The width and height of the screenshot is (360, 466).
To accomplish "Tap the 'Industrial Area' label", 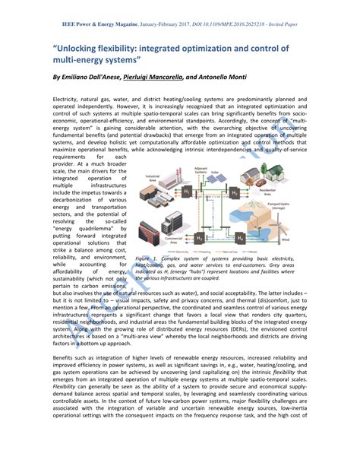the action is coord(151,177).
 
